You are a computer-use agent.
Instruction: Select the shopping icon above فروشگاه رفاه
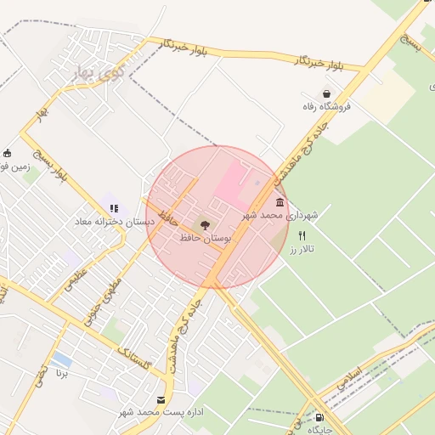[326, 94]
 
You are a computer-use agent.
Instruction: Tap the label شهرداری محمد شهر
[280, 216]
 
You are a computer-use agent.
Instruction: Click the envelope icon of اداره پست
[161, 398]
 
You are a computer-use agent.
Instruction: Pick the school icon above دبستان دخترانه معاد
[114, 208]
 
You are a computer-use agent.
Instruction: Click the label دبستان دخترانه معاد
[113, 222]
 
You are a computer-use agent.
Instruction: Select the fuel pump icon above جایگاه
[319, 417]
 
